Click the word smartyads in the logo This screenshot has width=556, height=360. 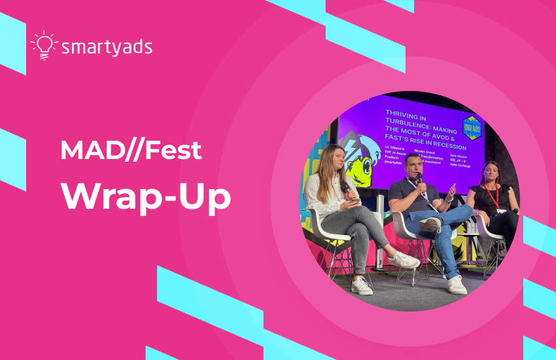(x=107, y=47)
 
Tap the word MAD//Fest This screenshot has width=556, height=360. (x=130, y=151)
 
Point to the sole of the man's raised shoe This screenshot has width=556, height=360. (x=430, y=225)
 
